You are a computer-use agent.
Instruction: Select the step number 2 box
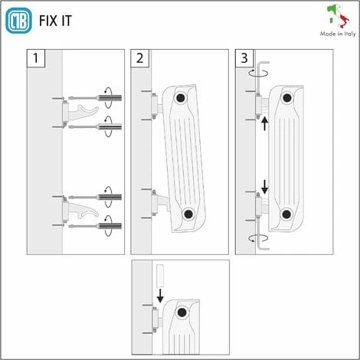coord(139,58)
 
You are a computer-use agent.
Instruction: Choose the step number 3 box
coord(244,58)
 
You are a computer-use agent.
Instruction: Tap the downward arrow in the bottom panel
coord(159,295)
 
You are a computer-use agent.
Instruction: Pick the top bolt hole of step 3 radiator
coord(286,97)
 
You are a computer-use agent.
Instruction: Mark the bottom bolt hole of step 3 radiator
coord(286,214)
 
